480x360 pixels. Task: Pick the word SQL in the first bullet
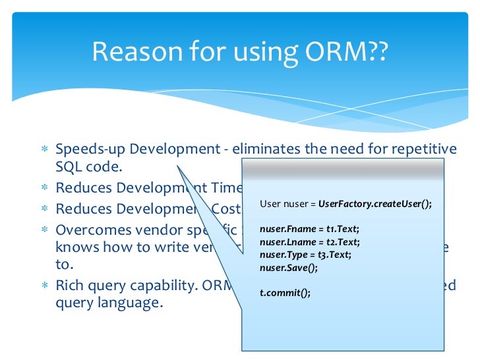[69, 167]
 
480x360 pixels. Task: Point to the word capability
[145, 287]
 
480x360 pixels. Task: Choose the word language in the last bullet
[132, 304]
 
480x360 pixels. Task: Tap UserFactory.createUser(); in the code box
[375, 204]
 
